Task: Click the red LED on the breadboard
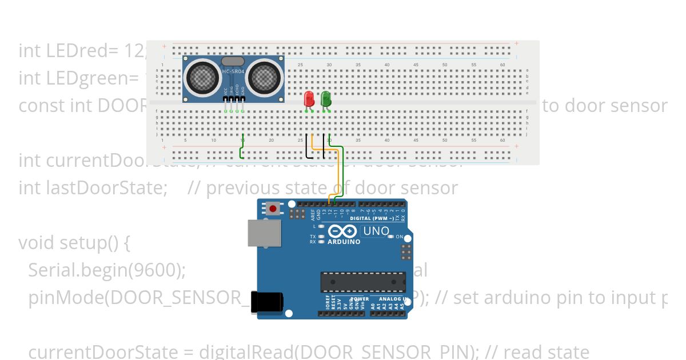pos(309,98)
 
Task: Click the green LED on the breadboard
pos(326,98)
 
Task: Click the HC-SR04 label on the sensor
pos(233,71)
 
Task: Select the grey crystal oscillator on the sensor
pos(233,61)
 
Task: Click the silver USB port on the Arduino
pos(264,234)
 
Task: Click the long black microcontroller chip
pos(363,282)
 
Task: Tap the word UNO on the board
pos(376,231)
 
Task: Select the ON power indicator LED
pos(392,237)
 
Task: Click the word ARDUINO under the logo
pos(344,242)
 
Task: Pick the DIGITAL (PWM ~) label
pos(371,218)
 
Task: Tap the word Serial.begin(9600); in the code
pos(107,270)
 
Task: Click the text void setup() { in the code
pos(74,242)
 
